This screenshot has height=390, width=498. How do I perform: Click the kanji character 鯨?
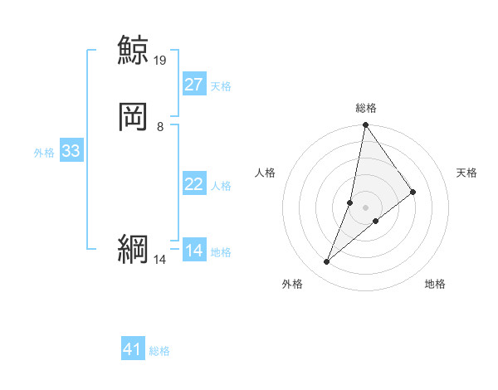[133, 51]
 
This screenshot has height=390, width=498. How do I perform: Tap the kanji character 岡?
[133, 118]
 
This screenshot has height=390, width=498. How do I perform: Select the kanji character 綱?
[133, 250]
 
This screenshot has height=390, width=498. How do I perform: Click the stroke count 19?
[160, 61]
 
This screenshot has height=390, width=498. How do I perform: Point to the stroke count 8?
[160, 127]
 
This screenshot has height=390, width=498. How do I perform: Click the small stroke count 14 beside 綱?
[160, 260]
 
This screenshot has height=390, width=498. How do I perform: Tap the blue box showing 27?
[193, 85]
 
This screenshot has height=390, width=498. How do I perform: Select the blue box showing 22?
[193, 184]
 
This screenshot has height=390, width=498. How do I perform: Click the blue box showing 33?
[71, 151]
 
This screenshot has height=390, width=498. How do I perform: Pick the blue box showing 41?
[133, 349]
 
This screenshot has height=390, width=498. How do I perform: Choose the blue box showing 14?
[193, 251]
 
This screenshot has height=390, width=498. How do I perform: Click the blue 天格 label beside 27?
[221, 86]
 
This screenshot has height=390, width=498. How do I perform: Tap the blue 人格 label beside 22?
[221, 186]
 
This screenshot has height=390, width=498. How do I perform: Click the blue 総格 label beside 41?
[159, 351]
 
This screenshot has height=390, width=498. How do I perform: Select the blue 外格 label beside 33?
[44, 153]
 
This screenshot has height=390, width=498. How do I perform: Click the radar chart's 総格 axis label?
[365, 108]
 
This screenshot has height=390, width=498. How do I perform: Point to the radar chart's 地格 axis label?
[435, 285]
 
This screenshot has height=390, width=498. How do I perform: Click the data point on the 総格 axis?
[365, 126]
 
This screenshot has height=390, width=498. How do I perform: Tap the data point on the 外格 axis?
[326, 262]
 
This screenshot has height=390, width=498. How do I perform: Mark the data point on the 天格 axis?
[413, 192]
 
